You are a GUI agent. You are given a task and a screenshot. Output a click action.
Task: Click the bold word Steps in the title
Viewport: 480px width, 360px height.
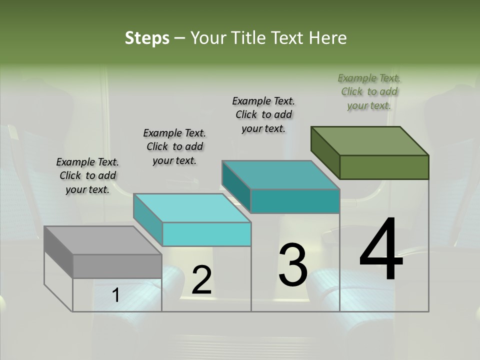pos(147,38)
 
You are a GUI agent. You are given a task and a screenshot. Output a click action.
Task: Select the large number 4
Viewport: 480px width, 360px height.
pos(381,250)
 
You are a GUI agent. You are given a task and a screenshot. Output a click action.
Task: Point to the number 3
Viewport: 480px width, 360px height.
pos(293,264)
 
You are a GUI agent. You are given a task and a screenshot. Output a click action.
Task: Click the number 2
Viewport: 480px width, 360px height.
pos(201,280)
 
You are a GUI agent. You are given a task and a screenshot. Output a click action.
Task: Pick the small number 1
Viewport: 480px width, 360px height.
pos(115,295)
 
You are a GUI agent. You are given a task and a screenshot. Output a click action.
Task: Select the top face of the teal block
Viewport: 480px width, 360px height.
pos(280,175)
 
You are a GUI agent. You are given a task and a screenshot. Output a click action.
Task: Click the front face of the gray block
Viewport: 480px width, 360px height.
pos(117,266)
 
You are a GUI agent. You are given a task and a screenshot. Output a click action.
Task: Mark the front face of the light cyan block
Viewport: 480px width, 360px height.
pos(206,234)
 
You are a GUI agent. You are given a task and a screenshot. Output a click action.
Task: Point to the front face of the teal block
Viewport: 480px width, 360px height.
pos(295,201)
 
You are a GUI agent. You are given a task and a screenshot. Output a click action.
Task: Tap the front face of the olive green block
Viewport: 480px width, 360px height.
pos(384,167)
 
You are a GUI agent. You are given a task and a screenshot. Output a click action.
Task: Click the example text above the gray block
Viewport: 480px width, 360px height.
pos(87,175)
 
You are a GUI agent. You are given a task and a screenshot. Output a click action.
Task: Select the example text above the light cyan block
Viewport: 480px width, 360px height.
pos(174,146)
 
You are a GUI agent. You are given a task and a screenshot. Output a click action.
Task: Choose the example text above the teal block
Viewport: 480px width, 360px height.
pos(263,114)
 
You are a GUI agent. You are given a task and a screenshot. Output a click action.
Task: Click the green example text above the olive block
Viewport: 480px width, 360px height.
pos(369,91)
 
